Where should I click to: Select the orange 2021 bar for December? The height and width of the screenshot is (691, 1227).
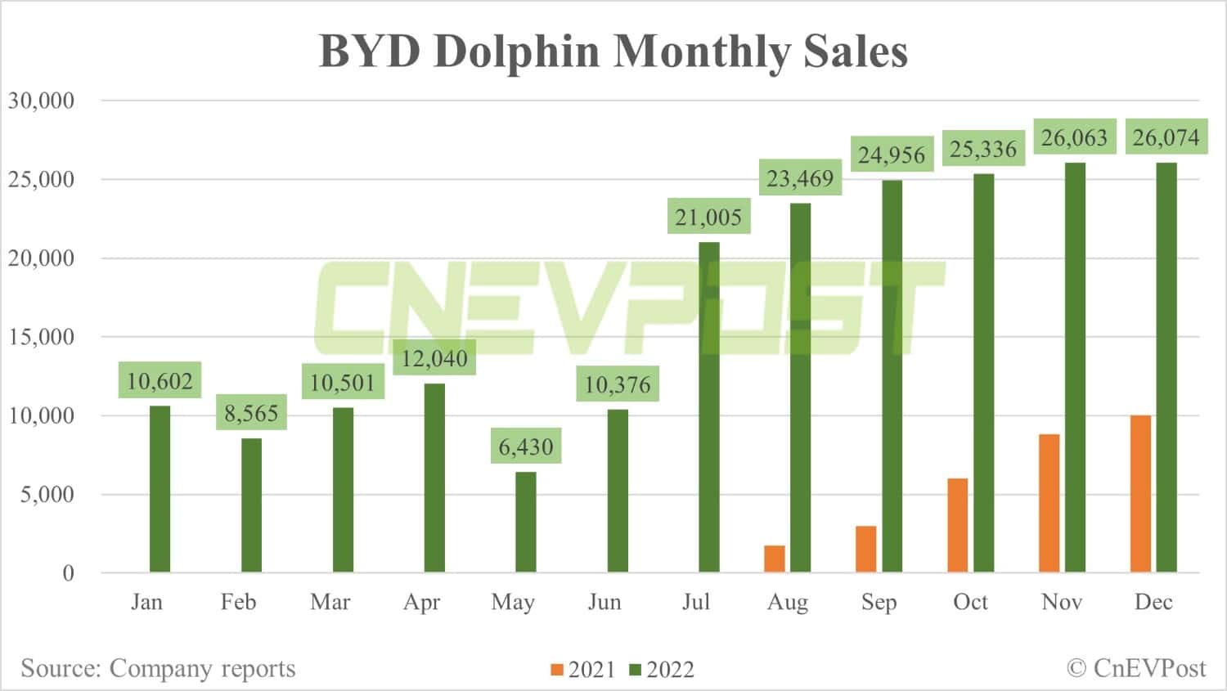tap(1140, 494)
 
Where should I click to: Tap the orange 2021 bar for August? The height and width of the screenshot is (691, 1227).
tap(774, 559)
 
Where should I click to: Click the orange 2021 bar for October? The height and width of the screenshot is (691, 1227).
tap(957, 525)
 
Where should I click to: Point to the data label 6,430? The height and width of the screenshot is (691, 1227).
tap(526, 446)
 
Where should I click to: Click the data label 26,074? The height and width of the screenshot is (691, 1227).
tap(1166, 137)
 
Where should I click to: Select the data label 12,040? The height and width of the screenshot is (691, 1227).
tap(434, 358)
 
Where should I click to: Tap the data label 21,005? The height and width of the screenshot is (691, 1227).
tap(708, 217)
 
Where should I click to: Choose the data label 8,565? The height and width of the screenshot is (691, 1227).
tap(251, 413)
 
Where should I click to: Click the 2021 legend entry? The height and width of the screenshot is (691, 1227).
tap(582, 670)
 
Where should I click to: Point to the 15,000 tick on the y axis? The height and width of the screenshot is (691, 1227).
tap(41, 336)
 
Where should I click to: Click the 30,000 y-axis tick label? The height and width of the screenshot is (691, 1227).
tap(41, 101)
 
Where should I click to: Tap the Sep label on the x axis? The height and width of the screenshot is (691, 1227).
tap(879, 602)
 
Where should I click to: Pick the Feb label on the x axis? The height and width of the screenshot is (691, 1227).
tap(238, 602)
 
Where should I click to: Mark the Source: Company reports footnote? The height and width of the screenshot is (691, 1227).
tap(158, 668)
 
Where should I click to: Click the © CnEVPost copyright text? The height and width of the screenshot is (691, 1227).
tap(1136, 668)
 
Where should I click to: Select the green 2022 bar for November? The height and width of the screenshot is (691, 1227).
tap(1075, 367)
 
